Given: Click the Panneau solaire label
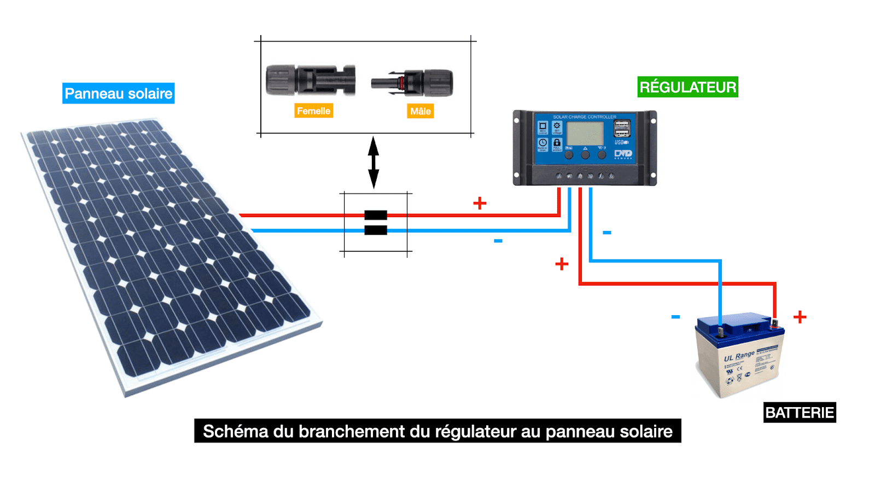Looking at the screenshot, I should [118, 94].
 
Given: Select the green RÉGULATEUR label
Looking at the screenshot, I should [687, 87].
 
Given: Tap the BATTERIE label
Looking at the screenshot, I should [799, 413].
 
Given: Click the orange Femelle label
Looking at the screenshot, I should [313, 111].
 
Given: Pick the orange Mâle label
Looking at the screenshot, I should [420, 112].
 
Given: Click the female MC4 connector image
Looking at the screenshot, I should [310, 80].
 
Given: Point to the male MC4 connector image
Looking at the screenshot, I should [413, 83].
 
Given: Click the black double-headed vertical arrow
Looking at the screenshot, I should [374, 163].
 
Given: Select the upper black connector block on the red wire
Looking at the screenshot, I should [376, 215].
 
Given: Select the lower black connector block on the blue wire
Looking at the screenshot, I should [376, 230].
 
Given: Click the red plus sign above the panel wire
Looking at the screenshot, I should [480, 204].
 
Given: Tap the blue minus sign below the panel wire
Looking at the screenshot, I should [498, 241].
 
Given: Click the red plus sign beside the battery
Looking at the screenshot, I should [800, 317].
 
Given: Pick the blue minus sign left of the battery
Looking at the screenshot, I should [675, 317].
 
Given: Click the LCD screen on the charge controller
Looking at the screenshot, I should [585, 134].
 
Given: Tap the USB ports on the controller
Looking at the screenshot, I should [622, 129].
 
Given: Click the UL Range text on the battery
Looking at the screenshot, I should [739, 356].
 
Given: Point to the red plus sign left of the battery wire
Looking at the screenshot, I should [562, 264].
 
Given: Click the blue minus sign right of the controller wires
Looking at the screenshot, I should [607, 233].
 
